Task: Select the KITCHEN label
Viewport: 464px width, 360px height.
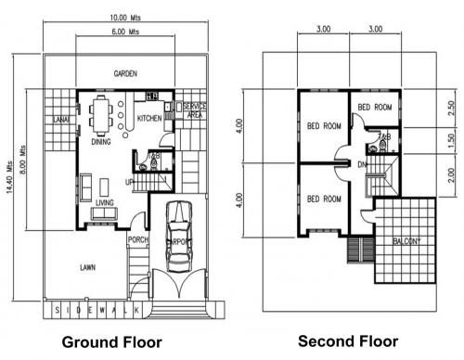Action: click(149, 119)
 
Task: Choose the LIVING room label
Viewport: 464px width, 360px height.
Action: click(104, 201)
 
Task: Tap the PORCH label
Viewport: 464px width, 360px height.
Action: click(138, 240)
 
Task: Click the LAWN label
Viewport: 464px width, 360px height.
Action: click(87, 268)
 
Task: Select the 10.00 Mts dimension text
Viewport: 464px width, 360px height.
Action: click(125, 17)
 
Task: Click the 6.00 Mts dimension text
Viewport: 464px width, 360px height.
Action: click(125, 32)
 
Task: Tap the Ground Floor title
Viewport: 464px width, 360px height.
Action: click(111, 341)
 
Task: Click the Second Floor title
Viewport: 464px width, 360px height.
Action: click(348, 341)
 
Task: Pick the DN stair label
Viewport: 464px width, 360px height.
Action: click(363, 164)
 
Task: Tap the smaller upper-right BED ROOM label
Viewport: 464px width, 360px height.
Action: click(374, 107)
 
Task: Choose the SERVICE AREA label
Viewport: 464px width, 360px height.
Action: click(194, 110)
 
